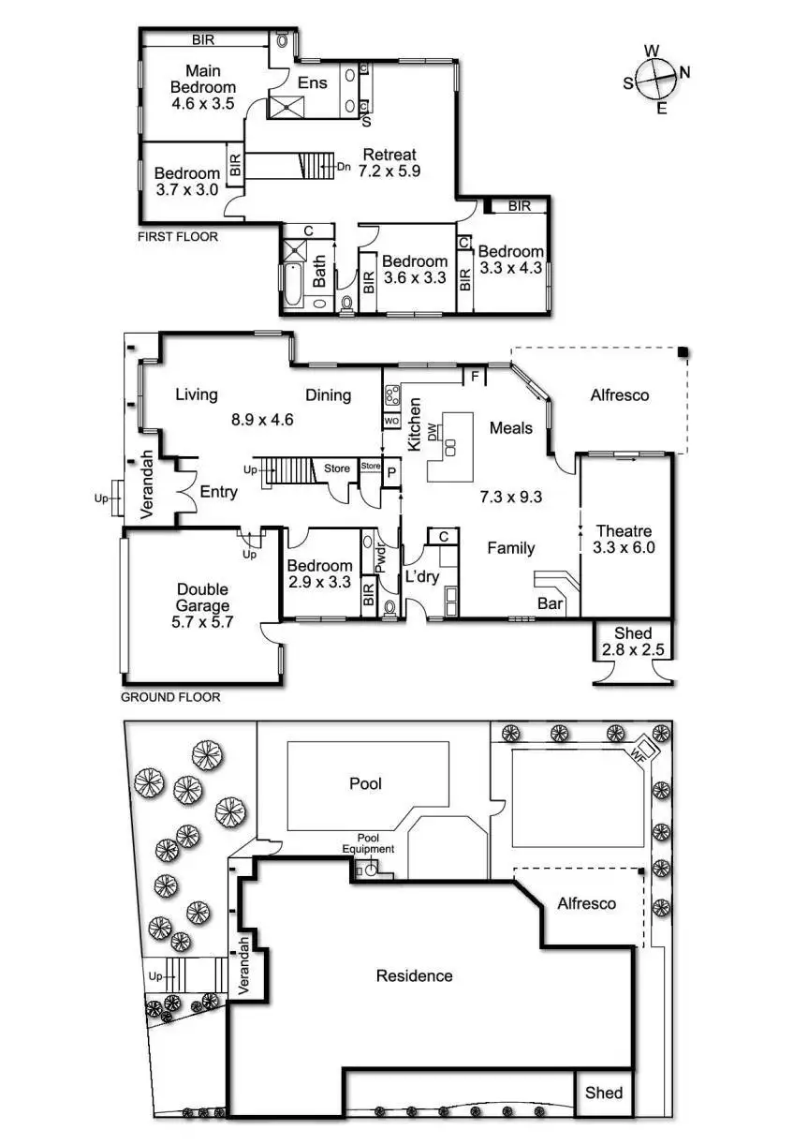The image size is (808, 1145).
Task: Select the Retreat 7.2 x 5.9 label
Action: click(389, 163)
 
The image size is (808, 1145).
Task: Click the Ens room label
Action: click(313, 82)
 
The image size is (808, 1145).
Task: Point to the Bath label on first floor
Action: click(320, 272)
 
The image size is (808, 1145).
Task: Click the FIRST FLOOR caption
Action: click(178, 237)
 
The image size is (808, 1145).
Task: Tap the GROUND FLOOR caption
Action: click(170, 697)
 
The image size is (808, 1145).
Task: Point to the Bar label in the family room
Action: click(551, 604)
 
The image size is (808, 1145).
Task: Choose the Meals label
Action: click(511, 428)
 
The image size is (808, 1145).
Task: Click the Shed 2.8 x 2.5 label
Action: click(633, 642)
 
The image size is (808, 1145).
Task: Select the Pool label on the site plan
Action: click(365, 783)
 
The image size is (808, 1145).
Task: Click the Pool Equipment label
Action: click(375, 843)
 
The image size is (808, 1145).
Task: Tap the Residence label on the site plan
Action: click(414, 976)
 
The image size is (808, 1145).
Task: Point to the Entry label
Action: click(218, 492)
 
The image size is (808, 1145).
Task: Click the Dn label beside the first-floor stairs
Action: click(344, 167)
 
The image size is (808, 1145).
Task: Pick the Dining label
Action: click(328, 395)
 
